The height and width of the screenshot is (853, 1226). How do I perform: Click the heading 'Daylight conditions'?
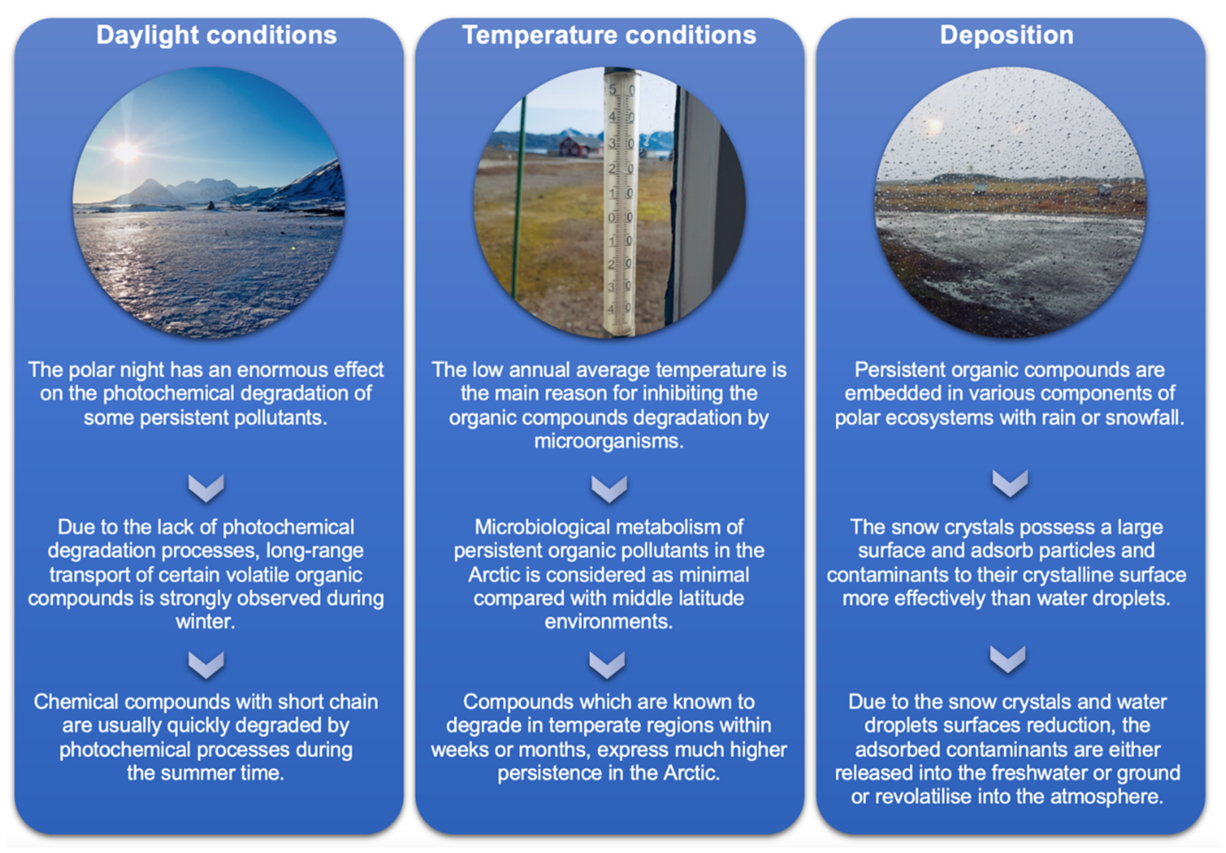click(216, 36)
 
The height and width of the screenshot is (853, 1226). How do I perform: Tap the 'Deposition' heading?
click(1007, 35)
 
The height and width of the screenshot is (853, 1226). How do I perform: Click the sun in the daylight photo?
click(126, 152)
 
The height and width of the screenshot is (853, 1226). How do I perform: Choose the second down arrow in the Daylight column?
click(206, 665)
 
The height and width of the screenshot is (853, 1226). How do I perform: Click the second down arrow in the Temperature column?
click(607, 665)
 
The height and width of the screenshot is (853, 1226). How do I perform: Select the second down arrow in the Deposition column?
click(1008, 660)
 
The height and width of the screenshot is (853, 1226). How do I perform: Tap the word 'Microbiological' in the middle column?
click(539, 528)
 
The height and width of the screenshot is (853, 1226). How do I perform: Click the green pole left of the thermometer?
click(518, 197)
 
